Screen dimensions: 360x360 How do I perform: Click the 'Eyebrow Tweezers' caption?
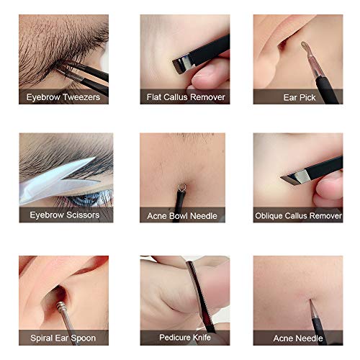63,96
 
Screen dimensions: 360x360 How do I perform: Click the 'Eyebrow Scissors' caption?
63,215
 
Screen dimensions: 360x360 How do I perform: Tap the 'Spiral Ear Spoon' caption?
63,337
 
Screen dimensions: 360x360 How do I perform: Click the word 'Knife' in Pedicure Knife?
201,337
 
